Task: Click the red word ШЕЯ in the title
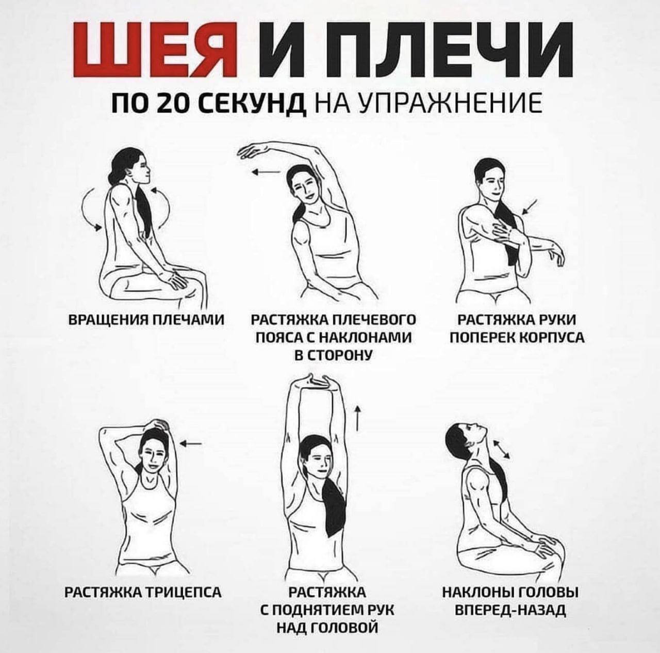click(150, 49)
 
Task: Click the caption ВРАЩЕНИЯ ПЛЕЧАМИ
click(146, 320)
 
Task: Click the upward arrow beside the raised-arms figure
click(357, 418)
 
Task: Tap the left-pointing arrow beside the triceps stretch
click(191, 443)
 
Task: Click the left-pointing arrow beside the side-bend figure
click(266, 172)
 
